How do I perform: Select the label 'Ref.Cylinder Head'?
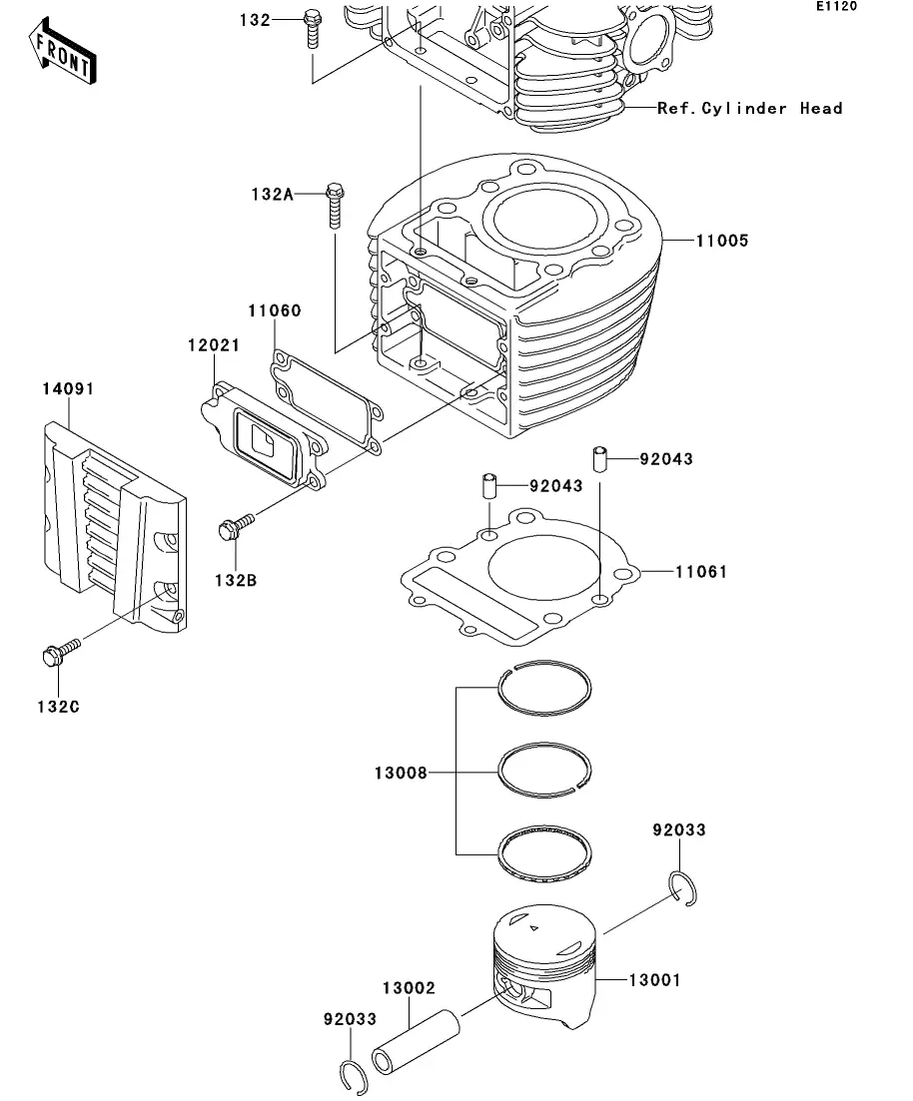pos(749,108)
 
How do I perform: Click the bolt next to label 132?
pos(311,28)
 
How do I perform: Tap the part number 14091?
pos(67,388)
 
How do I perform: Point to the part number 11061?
pos(701,572)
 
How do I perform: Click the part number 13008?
pos(401,772)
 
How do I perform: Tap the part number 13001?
pos(653,980)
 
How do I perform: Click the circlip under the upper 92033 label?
pos(683,888)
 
